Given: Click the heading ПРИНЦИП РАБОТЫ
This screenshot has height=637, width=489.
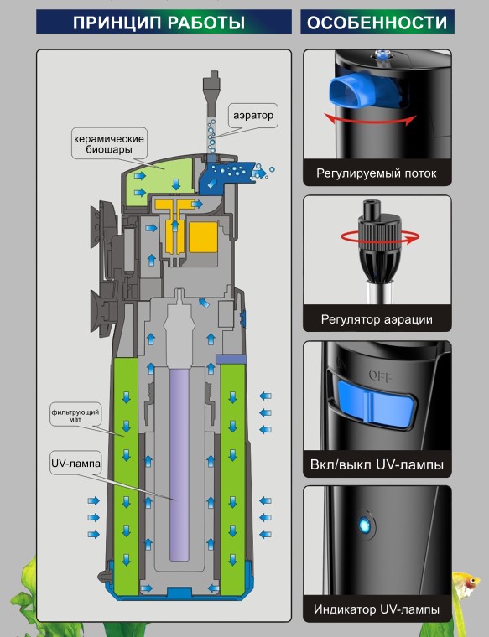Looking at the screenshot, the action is click(x=159, y=23).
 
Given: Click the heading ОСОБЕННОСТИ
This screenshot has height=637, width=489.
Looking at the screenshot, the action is click(x=377, y=23).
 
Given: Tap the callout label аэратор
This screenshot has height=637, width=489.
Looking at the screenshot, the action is click(x=253, y=115).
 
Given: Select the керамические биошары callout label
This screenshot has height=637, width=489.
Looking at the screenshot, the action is click(x=109, y=144).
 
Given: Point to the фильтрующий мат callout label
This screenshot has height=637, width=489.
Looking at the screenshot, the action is click(x=75, y=415).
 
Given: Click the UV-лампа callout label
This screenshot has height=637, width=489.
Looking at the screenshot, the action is click(x=75, y=464).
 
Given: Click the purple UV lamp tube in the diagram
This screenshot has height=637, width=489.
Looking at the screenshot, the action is click(x=179, y=464).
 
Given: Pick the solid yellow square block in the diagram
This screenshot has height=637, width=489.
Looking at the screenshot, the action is click(x=204, y=237).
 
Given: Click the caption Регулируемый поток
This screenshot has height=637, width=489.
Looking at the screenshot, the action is click(x=377, y=173).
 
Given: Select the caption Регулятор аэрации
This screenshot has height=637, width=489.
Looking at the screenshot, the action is click(x=377, y=319).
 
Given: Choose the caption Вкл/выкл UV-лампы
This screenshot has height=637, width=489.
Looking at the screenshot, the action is click(x=377, y=464).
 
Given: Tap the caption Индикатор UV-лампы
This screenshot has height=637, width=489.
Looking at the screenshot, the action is click(x=377, y=609).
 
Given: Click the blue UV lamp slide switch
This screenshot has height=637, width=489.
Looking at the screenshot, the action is click(x=377, y=403).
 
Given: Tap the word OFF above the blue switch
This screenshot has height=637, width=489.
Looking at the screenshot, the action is click(x=381, y=375).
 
